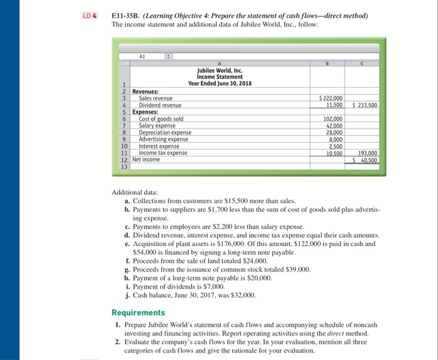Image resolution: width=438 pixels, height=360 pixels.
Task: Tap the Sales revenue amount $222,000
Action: point(331,98)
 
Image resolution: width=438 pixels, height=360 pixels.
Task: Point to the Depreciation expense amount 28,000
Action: point(333,133)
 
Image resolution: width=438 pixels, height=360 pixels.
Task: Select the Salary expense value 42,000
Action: point(333,126)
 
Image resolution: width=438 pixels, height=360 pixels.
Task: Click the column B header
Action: point(329,63)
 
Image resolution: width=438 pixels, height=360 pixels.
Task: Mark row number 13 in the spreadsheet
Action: point(124,167)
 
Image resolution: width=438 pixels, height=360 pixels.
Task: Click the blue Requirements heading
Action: point(138,312)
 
